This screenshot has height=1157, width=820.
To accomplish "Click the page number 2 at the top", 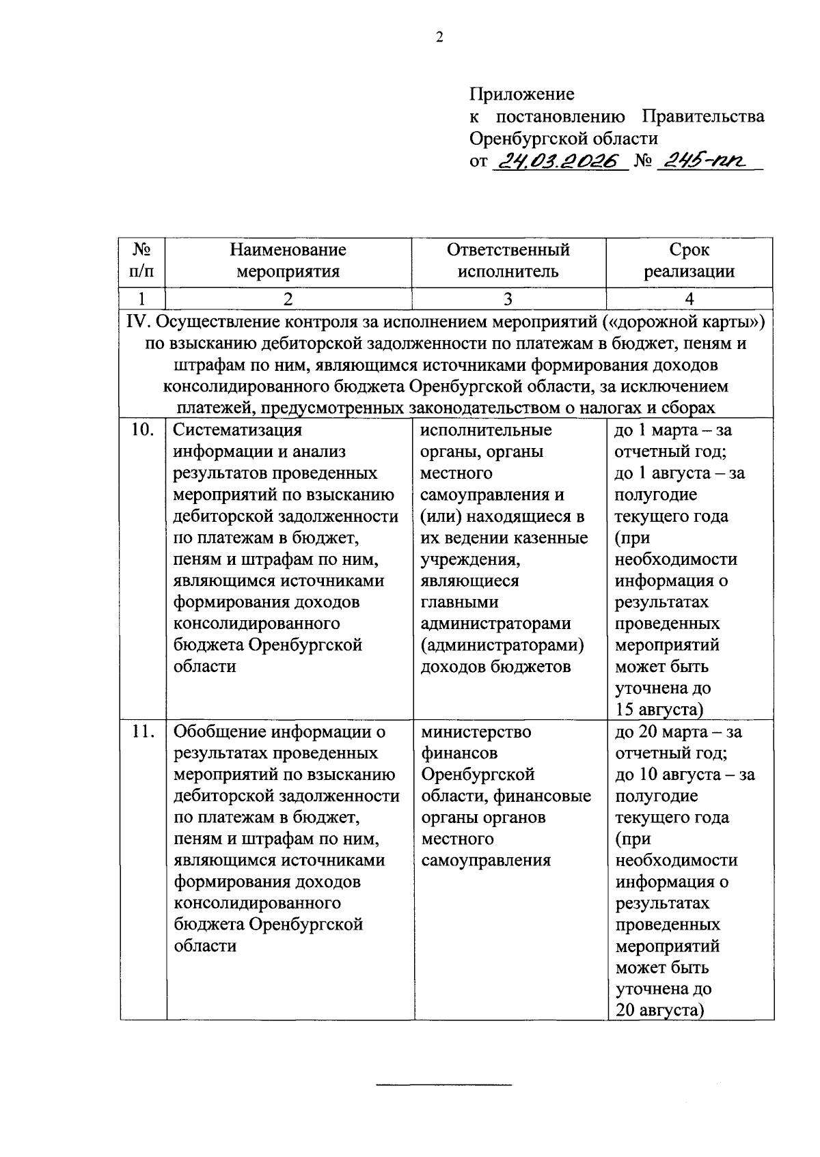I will click(x=439, y=37).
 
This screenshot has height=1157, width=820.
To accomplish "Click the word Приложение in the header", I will click(x=521, y=94).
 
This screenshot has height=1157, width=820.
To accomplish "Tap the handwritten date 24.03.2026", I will click(x=558, y=161).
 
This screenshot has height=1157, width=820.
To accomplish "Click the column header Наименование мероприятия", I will click(x=288, y=261).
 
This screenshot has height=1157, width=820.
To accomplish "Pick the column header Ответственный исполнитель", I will click(x=508, y=261).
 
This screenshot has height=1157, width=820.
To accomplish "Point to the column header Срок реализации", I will click(x=689, y=261).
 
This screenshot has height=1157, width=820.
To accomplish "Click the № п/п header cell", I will click(x=141, y=261).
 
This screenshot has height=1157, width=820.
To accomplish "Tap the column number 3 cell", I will click(x=508, y=299).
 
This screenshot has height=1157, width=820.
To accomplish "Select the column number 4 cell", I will click(x=689, y=299).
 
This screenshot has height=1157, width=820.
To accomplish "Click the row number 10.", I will click(x=142, y=430).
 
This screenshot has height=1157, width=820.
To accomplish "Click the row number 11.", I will click(x=142, y=731).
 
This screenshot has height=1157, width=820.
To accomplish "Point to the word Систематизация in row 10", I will click(x=237, y=430).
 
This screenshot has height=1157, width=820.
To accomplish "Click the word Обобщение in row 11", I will click(x=220, y=731).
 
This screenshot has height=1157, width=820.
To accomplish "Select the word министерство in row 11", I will click(x=476, y=731).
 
